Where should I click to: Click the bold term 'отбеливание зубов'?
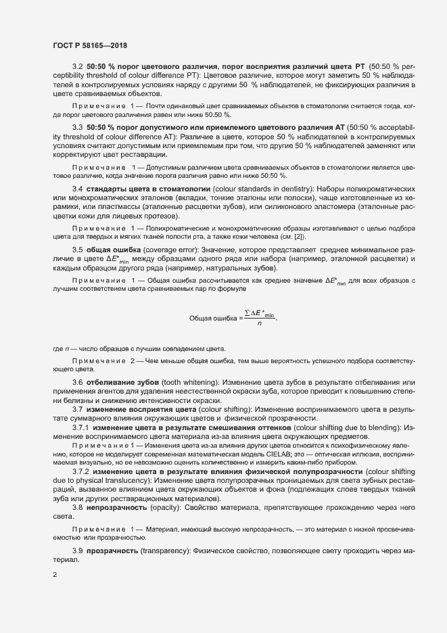point(120,383)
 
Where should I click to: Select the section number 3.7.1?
point(80,427)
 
